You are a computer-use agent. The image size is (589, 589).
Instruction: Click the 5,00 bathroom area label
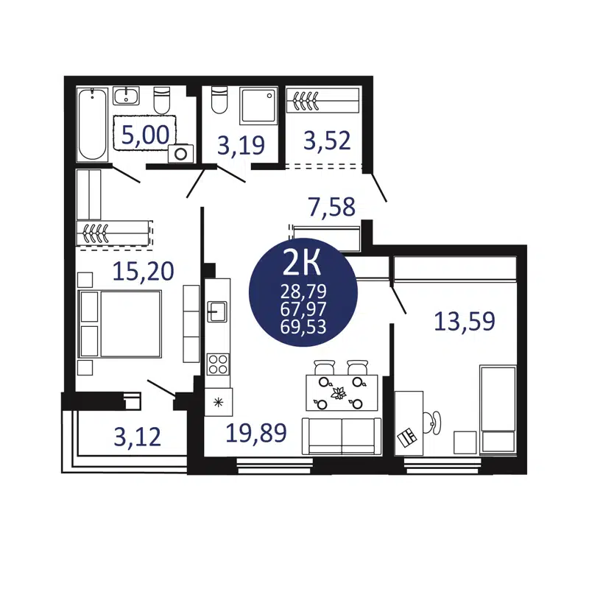tap(146, 134)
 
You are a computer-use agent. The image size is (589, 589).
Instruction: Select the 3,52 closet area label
tap(326, 140)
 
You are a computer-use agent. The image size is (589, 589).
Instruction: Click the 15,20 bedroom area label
tap(144, 271)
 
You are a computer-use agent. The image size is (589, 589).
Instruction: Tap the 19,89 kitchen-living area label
tap(255, 433)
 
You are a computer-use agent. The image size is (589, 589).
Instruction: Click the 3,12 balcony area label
tap(137, 437)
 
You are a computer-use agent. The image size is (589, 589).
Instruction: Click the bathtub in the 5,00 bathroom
tap(93, 124)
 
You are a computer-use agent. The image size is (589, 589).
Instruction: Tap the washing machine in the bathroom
tap(180, 152)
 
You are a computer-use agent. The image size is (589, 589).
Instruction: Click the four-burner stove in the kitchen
tap(218, 364)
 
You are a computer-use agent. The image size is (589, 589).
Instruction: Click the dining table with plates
tap(342, 393)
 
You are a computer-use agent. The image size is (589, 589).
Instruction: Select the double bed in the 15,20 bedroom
tap(120, 324)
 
